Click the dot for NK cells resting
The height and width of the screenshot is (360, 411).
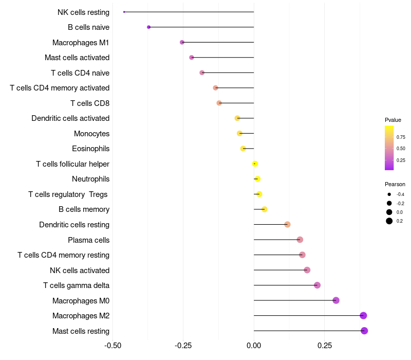coord(124,12)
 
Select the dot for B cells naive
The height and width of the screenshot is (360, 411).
coord(148,27)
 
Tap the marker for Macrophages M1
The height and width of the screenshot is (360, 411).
coord(182,42)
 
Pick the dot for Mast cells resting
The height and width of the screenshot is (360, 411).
coord(364,331)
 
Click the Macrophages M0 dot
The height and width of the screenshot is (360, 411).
coord(336,300)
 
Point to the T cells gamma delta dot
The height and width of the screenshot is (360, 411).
coord(317,285)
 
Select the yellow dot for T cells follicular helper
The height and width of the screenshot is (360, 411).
coord(255,164)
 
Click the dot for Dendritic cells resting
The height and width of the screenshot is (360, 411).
coord(287,225)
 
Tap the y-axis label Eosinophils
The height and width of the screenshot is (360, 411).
coord(90,149)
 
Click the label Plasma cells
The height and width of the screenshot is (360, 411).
coord(88,240)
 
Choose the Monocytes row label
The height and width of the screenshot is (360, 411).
coord(91,134)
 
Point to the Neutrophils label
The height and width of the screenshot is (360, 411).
coord(90,179)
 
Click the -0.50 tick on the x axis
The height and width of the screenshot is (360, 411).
coord(113,346)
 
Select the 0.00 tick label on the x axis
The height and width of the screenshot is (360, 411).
coord(254,346)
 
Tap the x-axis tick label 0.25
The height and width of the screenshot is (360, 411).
coord(325,346)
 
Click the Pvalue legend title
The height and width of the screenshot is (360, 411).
coord(393,120)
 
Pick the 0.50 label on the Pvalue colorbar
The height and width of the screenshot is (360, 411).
coord(401,149)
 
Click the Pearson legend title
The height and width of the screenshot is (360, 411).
coord(395,184)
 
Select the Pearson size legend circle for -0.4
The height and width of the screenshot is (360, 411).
coord(389,194)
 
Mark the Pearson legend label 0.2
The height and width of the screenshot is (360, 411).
coord(400,221)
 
